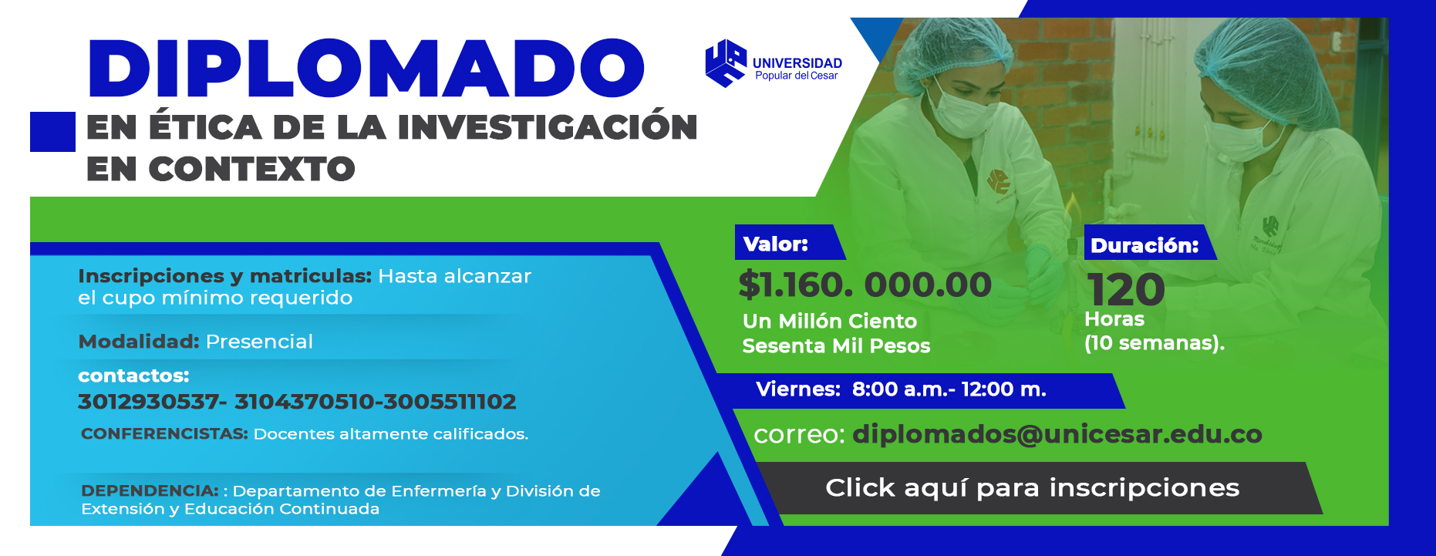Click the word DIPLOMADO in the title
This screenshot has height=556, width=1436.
pyautogui.click(x=366, y=69)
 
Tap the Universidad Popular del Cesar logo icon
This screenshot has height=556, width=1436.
pyautogui.click(x=726, y=63)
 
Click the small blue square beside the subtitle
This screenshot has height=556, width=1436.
pyautogui.click(x=52, y=131)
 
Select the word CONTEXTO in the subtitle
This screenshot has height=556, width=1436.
pyautogui.click(x=251, y=169)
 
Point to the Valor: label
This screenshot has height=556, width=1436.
pyautogui.click(x=775, y=244)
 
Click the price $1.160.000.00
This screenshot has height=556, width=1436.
pyautogui.click(x=865, y=285)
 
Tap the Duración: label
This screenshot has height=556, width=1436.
pyautogui.click(x=1144, y=245)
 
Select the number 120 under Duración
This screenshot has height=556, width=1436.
pyautogui.click(x=1126, y=289)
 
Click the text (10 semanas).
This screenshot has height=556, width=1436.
pyautogui.click(x=1155, y=343)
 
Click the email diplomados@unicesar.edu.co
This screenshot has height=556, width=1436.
pyautogui.click(x=1057, y=434)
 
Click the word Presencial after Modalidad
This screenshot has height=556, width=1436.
pyautogui.click(x=259, y=342)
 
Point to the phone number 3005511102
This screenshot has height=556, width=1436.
pyautogui.click(x=450, y=402)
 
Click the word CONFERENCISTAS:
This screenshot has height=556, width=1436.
pyautogui.click(x=164, y=434)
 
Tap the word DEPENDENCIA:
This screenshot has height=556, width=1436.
pyautogui.click(x=150, y=490)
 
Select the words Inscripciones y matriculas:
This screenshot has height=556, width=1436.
pyautogui.click(x=224, y=276)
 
